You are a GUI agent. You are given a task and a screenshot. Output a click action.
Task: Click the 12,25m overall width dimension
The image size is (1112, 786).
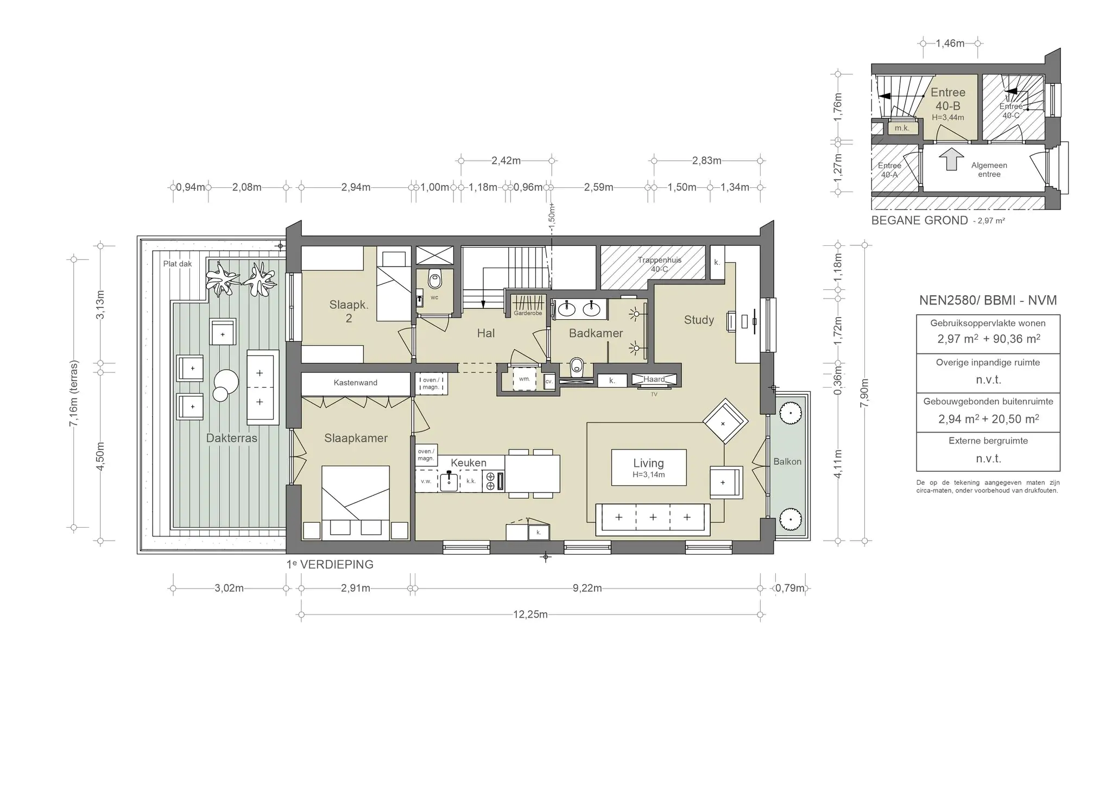[530, 614]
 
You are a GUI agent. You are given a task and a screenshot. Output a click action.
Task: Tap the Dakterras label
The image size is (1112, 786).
[232, 438]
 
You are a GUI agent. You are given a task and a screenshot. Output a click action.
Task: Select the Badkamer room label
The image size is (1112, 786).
[596, 333]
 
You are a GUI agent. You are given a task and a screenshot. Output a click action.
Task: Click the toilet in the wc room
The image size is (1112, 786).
[434, 279]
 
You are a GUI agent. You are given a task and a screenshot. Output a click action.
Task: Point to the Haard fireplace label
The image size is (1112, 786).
[654, 379]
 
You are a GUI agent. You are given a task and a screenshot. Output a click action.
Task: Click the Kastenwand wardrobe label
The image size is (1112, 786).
[356, 383]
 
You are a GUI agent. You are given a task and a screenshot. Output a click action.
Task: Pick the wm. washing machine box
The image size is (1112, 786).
[525, 379]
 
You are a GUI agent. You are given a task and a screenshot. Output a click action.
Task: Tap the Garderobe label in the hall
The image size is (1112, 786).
[528, 313]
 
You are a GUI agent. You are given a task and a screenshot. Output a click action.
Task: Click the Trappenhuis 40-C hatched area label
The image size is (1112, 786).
[660, 264]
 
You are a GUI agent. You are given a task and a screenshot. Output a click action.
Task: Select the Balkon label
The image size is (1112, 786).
[787, 461]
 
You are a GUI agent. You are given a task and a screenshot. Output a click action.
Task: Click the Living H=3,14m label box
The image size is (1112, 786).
[649, 467]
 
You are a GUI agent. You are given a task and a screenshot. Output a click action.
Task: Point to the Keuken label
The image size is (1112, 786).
[469, 462]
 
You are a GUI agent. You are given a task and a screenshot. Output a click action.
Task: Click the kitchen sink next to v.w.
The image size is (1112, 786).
[448, 481]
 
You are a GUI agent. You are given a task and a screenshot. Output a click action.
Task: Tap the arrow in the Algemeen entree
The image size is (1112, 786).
[951, 160]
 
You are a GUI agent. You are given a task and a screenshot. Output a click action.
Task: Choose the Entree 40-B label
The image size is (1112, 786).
[948, 99]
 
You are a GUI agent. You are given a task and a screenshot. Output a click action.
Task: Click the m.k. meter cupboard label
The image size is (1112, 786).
[902, 128]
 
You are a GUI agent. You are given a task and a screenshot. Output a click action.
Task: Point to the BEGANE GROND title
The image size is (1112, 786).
[919, 220]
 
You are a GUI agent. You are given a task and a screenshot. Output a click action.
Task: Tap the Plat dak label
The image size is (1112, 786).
[178, 264]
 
